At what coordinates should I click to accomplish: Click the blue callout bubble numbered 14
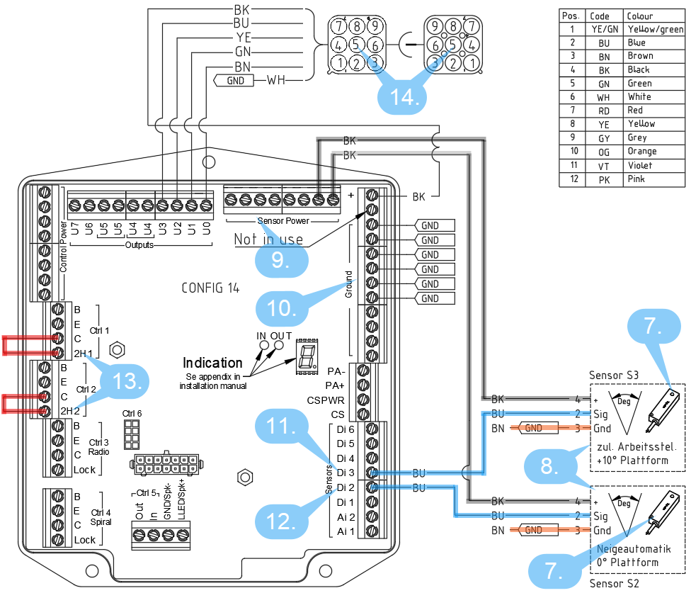point(404,95)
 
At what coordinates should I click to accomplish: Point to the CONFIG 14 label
point(210,288)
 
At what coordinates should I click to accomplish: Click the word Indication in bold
point(213,363)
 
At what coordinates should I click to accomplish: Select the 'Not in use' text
point(268,239)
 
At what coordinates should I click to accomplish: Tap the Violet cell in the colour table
point(640,166)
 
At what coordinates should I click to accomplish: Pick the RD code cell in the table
point(603,111)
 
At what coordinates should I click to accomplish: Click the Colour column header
point(639,16)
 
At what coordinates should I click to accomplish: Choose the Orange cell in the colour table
point(641,152)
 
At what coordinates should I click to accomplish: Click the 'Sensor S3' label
point(613,374)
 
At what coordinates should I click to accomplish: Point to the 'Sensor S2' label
point(613,583)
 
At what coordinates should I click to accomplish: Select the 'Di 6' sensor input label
point(345,429)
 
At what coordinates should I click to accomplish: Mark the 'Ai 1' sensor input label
point(345,531)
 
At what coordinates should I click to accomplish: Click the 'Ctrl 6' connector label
point(132,413)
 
